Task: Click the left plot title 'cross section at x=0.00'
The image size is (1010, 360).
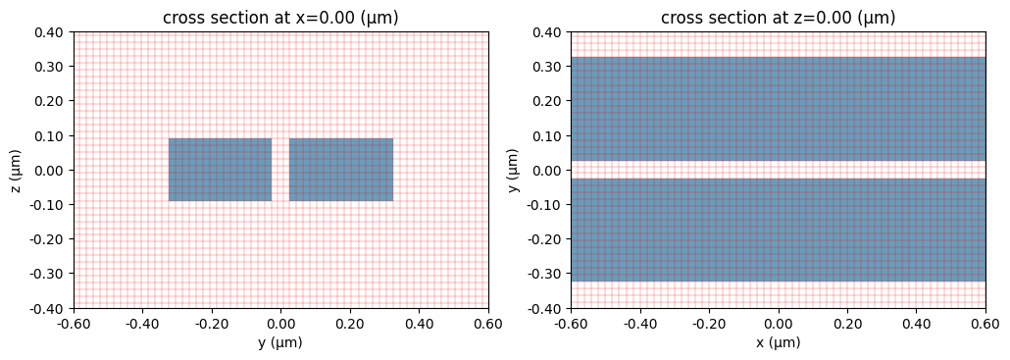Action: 280,18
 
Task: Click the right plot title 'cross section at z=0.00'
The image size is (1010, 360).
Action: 778,18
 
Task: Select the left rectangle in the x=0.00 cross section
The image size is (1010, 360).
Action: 220,170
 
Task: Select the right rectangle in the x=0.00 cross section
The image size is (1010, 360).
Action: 341,170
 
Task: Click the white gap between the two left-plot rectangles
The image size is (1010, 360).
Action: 280,170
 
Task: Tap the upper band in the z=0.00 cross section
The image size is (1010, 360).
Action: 778,108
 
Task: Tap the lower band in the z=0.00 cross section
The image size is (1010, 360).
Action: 778,230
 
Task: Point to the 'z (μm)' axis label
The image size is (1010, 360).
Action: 17,170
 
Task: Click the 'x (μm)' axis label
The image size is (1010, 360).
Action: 778,342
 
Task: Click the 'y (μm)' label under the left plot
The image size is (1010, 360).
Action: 280,342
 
